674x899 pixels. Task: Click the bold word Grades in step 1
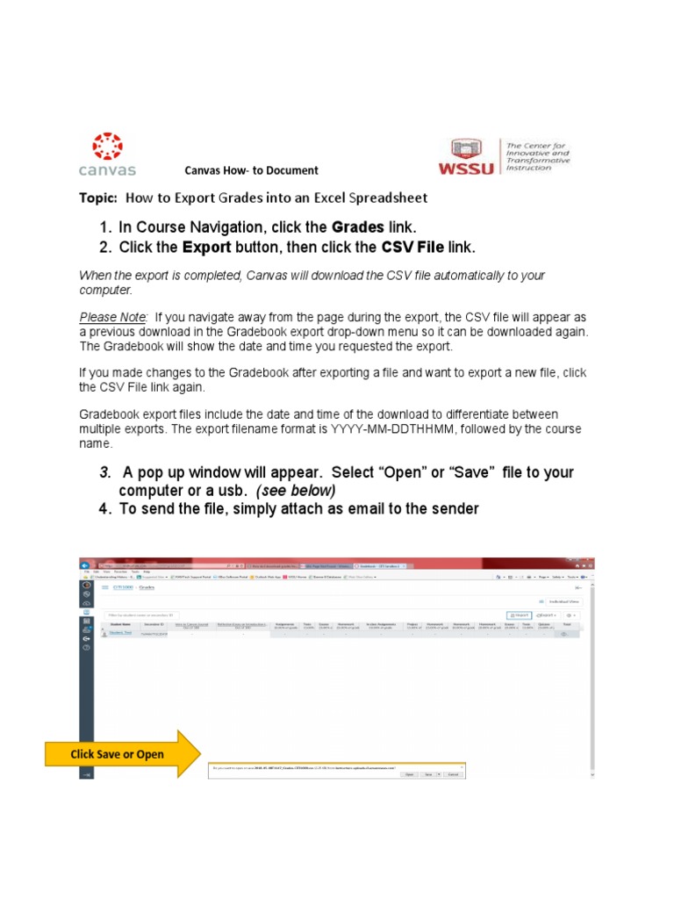click(357, 227)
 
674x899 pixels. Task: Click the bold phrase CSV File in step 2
click(404, 247)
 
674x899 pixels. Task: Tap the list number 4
click(104, 509)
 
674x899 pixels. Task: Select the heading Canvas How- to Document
click(251, 171)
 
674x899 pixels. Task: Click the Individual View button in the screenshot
click(563, 601)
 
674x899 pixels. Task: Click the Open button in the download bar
click(409, 774)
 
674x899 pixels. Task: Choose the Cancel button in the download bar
click(453, 774)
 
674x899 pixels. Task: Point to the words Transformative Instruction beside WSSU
click(537, 162)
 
